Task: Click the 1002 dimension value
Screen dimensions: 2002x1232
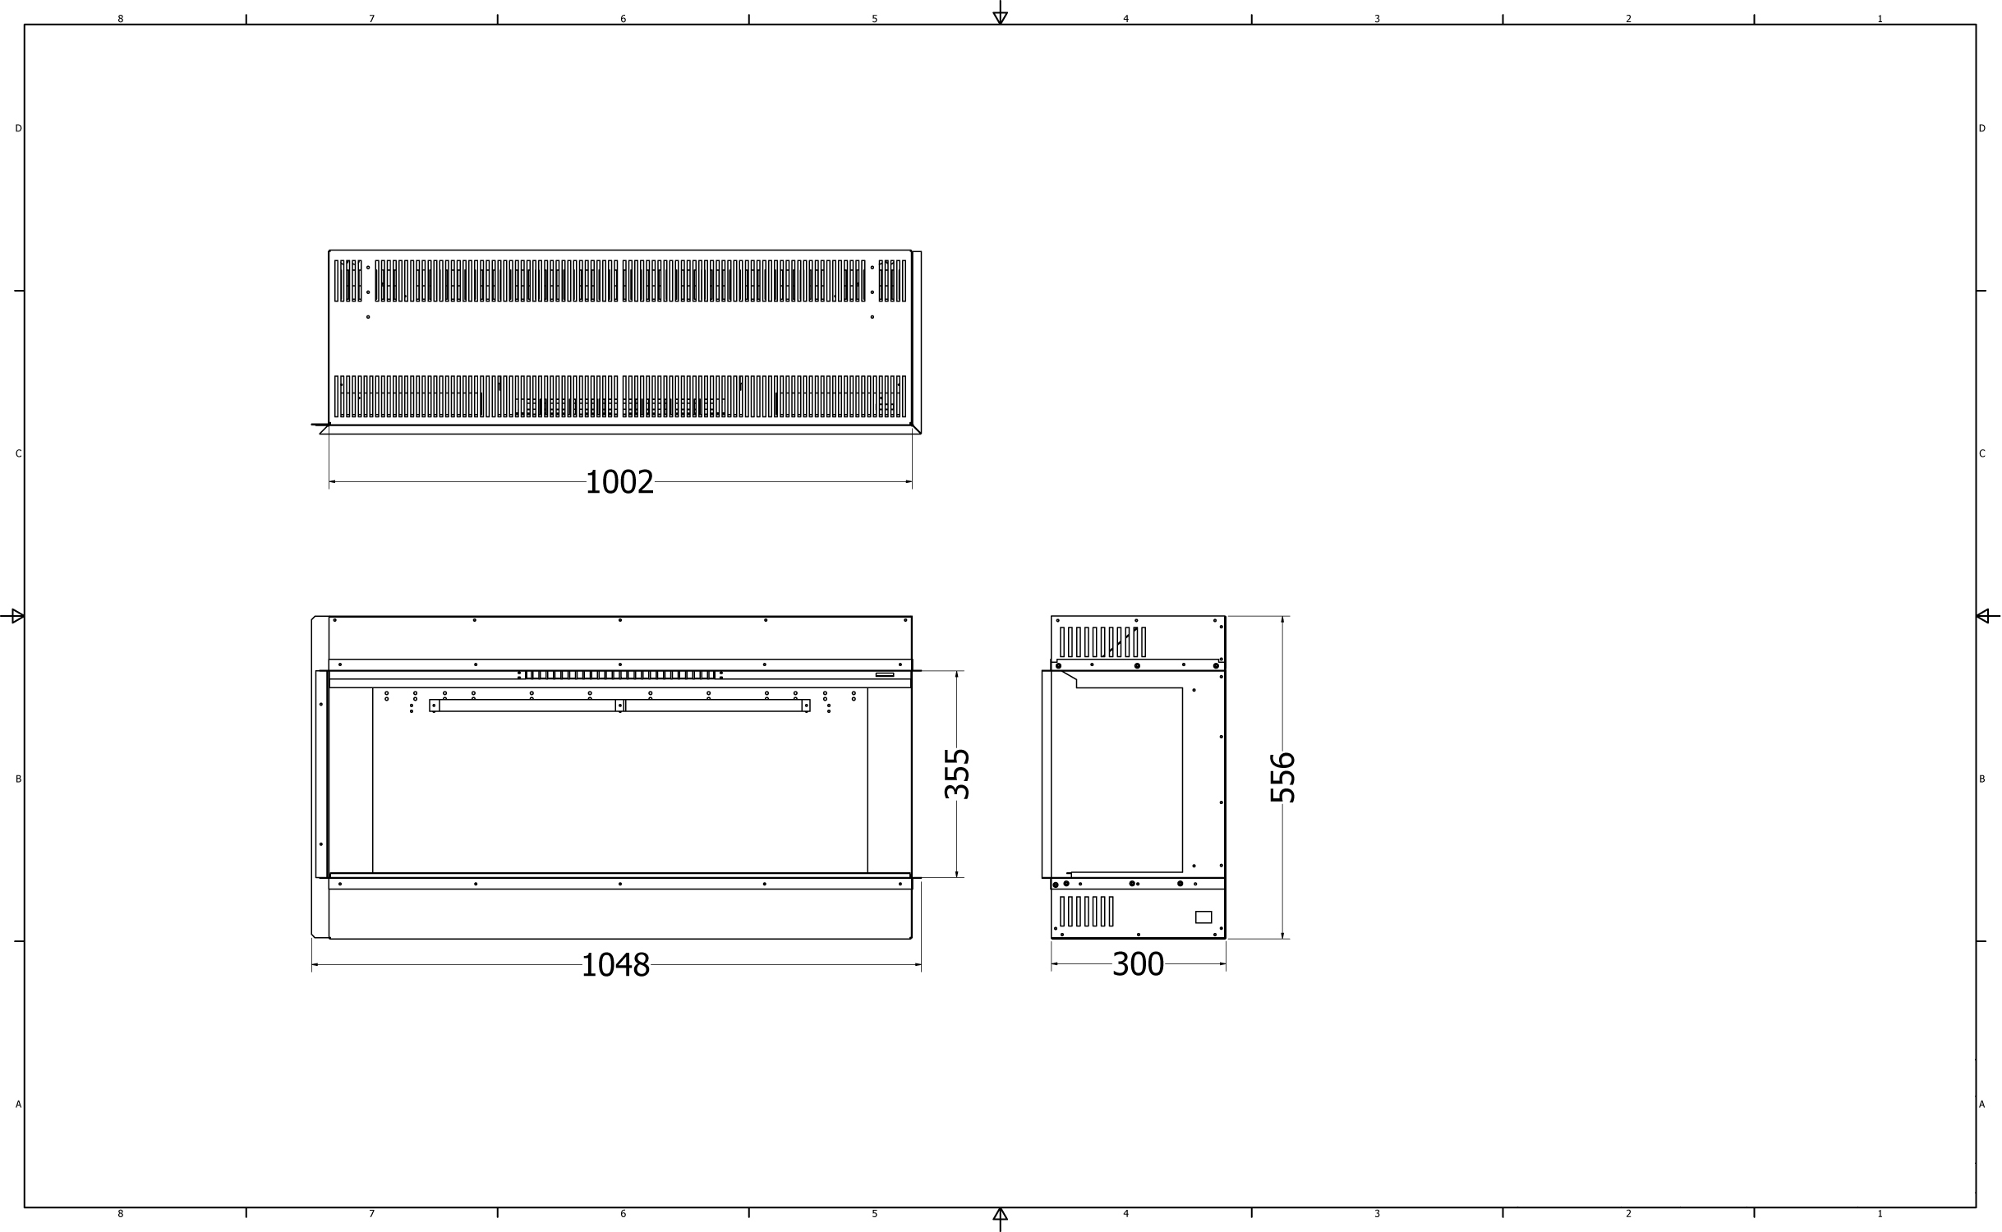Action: pyautogui.click(x=619, y=482)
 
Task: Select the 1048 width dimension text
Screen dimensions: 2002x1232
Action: pyautogui.click(x=615, y=965)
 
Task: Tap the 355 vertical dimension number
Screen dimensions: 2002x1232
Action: pyautogui.click(x=957, y=774)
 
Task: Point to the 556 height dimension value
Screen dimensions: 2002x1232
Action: pyautogui.click(x=1282, y=777)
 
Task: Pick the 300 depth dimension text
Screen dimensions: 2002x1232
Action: pyautogui.click(x=1138, y=964)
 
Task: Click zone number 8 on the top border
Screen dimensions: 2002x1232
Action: pyautogui.click(x=121, y=19)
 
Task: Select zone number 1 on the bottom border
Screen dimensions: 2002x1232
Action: pyautogui.click(x=1880, y=1214)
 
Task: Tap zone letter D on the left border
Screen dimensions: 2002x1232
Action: pyautogui.click(x=18, y=128)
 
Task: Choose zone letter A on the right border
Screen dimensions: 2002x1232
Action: pyautogui.click(x=1981, y=1105)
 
